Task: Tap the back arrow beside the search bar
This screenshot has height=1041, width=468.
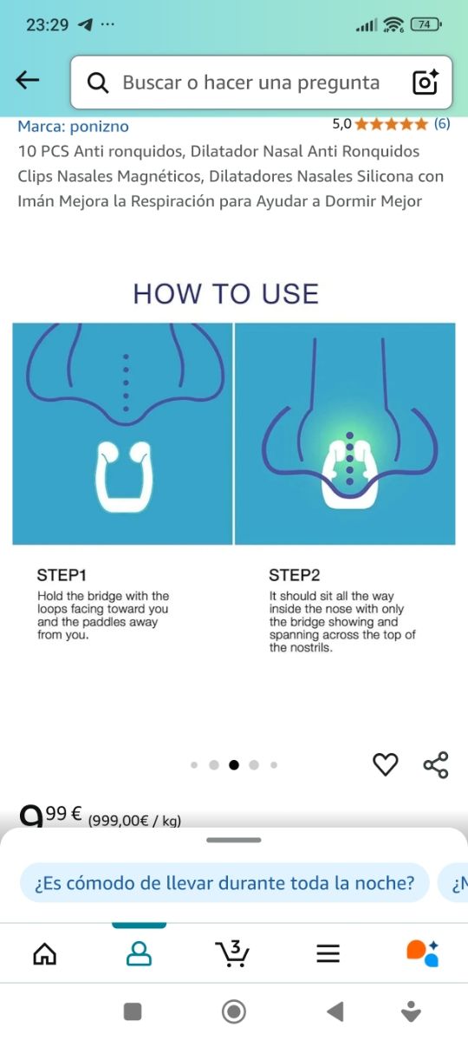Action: tap(28, 80)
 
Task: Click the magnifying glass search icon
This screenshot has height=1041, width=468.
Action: tap(98, 82)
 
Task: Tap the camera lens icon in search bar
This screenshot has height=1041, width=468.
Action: tap(426, 82)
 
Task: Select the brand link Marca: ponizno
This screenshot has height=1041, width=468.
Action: tap(74, 126)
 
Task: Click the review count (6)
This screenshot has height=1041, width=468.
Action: tap(442, 123)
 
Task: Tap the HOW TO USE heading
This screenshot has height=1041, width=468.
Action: tap(226, 294)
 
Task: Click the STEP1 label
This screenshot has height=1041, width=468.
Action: tap(62, 575)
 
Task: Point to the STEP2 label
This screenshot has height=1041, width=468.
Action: tap(295, 575)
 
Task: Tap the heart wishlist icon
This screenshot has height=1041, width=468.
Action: tap(386, 764)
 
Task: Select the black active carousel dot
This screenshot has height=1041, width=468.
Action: tap(234, 764)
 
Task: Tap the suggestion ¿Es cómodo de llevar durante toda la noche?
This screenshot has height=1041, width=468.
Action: tap(224, 883)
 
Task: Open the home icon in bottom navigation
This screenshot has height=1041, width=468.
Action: tap(45, 954)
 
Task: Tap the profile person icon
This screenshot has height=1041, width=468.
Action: tap(139, 954)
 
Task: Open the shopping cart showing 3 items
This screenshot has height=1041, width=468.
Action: tap(232, 953)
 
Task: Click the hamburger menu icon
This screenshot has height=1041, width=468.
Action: tap(328, 953)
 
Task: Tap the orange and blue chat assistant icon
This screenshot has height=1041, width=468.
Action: tap(423, 953)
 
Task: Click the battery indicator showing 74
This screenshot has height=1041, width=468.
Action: tap(426, 24)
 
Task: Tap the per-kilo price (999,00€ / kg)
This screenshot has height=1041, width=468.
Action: tap(134, 821)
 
